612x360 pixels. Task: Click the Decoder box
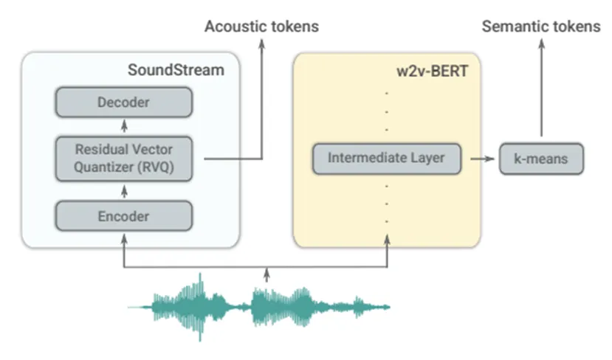pos(124,103)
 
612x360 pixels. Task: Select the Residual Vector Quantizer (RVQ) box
pos(124,159)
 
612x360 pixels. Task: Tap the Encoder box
pos(124,216)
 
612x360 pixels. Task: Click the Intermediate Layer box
pos(387,159)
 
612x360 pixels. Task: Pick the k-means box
pos(541,159)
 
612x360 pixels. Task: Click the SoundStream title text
pos(176,70)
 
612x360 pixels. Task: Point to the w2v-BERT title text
pos(433,72)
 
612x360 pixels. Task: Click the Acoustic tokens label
pos(262,27)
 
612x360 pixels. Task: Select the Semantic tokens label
pos(541,27)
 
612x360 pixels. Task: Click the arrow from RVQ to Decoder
pos(125,126)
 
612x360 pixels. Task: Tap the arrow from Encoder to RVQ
pos(125,192)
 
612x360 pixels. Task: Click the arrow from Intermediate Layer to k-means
pos(482,159)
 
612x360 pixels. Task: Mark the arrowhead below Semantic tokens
pos(541,44)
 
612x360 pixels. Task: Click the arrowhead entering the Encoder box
pos(124,239)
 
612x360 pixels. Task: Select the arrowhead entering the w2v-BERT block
pos(387,240)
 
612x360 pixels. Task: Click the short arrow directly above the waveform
pos(267,274)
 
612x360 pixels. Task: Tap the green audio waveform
pos(259,308)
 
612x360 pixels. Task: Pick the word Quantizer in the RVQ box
pos(103,167)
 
